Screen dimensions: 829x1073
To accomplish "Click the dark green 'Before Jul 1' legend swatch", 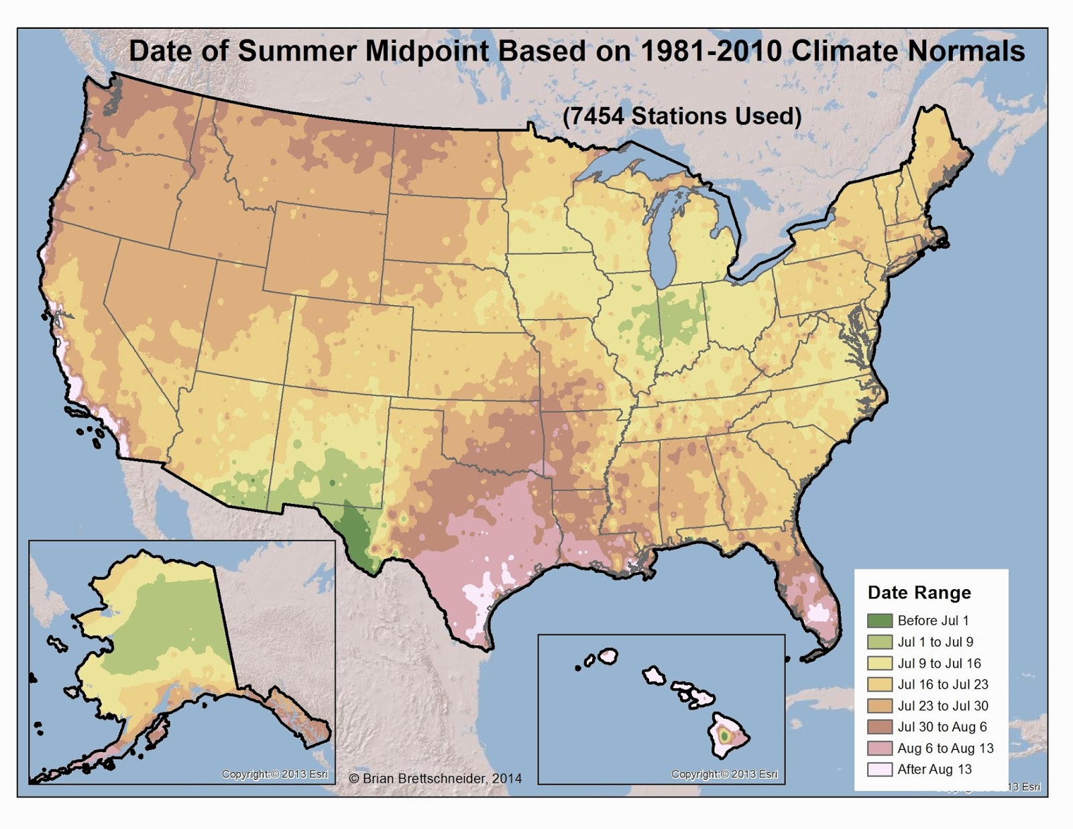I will point(879,621).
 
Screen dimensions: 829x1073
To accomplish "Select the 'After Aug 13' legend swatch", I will point(879,769).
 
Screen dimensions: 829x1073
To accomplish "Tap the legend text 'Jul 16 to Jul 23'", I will point(943,684).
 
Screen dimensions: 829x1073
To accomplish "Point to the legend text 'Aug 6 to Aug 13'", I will point(946,748).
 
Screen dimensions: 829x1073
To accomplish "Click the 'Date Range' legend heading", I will point(919,592).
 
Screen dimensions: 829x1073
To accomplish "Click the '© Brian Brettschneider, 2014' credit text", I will point(435,778).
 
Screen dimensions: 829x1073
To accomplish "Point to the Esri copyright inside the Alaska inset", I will point(275,774).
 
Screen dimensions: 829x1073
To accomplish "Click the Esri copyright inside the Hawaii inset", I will point(724,774).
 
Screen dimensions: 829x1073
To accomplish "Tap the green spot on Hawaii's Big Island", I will point(724,736).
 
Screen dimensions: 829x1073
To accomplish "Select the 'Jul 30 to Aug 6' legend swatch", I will point(879,727).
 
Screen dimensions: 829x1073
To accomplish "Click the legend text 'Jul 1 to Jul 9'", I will point(935,642).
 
